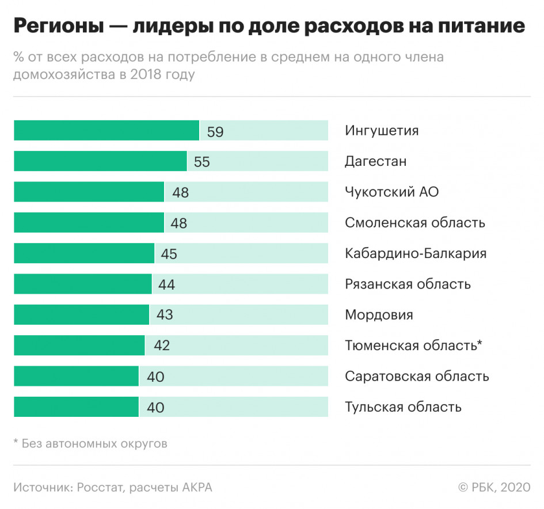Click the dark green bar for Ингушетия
pos(106,131)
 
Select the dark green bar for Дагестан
pos(100,161)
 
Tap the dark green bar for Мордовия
pos(81,315)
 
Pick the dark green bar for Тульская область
pos(76,407)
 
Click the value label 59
pos(215,132)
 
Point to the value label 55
pos(202,162)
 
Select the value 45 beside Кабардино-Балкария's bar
pos(169,254)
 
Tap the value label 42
pos(162,346)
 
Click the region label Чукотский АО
pos(391,192)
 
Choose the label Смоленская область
pos(414,223)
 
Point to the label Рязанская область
pos(408,284)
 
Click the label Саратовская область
pos(417,377)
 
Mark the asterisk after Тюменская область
pos(480,344)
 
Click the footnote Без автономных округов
pos(94,444)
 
